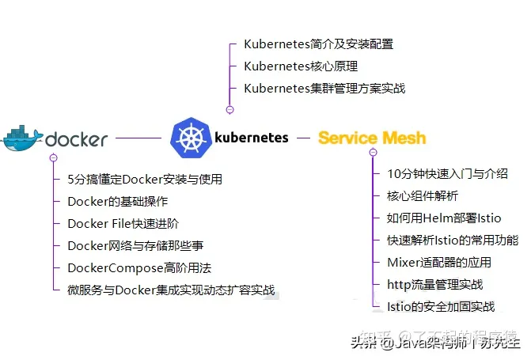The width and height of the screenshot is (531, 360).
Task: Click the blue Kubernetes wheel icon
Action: (x=188, y=138)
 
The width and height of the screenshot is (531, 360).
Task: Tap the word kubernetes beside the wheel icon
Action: (x=252, y=137)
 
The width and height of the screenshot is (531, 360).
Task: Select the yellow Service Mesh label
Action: (x=372, y=138)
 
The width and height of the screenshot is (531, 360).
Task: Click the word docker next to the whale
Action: (x=77, y=140)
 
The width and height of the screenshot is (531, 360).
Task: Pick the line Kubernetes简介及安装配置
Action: (x=318, y=44)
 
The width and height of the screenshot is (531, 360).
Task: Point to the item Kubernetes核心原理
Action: (x=301, y=66)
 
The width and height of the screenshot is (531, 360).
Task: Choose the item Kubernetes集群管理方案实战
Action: (x=324, y=88)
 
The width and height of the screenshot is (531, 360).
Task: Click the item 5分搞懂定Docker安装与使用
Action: (x=145, y=179)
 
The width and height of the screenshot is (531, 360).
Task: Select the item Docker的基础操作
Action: (x=117, y=201)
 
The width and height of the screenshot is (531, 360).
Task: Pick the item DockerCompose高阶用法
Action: (x=139, y=268)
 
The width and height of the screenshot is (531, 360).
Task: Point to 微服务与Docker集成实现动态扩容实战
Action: (x=171, y=290)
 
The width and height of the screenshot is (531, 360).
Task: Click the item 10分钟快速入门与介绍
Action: (x=447, y=173)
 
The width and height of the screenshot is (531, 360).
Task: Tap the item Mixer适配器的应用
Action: (x=439, y=262)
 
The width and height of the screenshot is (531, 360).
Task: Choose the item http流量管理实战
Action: (x=434, y=284)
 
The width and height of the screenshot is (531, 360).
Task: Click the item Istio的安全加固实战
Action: (x=441, y=306)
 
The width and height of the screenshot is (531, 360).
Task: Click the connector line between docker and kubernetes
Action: (x=138, y=138)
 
